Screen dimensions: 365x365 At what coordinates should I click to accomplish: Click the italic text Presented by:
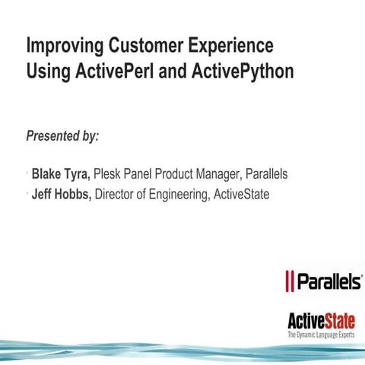[x=62, y=137]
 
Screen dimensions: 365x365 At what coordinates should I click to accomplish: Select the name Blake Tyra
[x=62, y=174]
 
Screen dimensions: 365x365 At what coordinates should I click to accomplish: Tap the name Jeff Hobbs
[x=61, y=195]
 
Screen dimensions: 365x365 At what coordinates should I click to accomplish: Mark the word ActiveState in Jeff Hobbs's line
[x=241, y=195]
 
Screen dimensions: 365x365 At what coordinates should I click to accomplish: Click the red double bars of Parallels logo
[x=289, y=281]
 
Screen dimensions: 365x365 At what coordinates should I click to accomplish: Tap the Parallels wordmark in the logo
[x=328, y=281]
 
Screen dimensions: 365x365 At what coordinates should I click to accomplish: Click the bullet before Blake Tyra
[x=27, y=174]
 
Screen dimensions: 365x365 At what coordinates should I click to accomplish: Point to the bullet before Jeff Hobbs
[x=27, y=195]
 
